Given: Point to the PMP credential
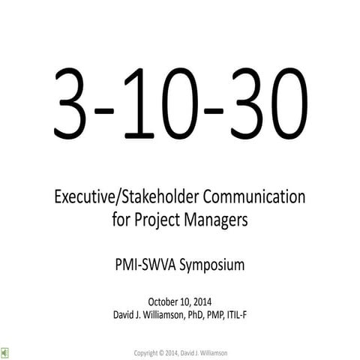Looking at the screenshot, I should tap(222, 315).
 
